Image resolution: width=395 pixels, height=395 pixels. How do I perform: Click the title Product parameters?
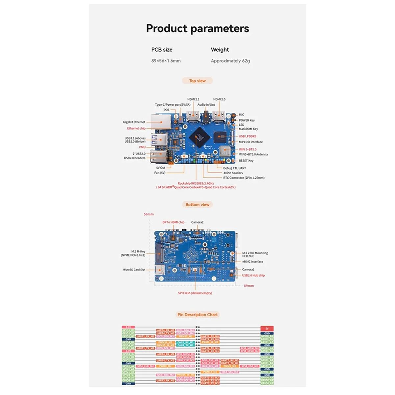click(197, 28)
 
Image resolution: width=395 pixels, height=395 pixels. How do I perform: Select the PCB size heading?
click(162, 50)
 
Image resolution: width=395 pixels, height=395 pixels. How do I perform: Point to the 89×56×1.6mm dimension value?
click(166, 61)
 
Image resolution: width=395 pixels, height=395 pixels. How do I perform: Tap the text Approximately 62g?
click(230, 61)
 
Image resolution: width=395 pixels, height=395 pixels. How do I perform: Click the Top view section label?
click(197, 81)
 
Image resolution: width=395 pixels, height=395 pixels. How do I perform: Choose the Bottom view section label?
click(197, 204)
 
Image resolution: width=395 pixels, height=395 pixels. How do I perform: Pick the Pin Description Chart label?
click(197, 315)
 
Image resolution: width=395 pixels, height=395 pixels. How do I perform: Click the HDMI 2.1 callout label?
click(193, 99)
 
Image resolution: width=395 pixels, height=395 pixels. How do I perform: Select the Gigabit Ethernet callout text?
click(134, 122)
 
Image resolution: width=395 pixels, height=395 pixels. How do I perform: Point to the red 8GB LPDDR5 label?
click(248, 136)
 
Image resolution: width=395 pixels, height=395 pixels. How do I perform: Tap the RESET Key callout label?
click(246, 161)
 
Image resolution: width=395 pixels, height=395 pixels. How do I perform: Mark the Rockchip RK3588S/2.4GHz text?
click(196, 183)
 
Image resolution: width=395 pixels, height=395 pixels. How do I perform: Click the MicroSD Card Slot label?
click(134, 270)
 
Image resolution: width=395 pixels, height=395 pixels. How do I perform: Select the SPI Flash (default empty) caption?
click(195, 293)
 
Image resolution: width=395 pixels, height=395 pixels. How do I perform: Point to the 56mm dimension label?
click(149, 214)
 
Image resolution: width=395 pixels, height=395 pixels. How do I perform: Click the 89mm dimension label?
click(249, 286)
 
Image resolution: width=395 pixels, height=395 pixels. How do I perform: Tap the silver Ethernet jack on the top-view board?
click(161, 122)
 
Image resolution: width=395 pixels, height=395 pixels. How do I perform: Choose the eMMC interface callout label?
click(253, 262)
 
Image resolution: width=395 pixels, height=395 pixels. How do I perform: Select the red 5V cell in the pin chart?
click(267, 329)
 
